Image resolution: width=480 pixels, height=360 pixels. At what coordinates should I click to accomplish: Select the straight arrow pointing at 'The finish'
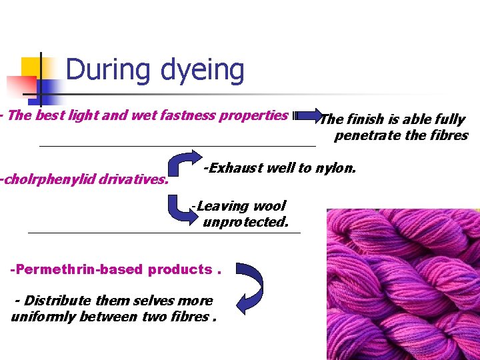click(306, 117)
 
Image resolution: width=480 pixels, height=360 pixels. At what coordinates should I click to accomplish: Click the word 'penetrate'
click(367, 135)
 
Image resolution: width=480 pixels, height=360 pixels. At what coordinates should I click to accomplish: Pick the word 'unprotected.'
click(245, 222)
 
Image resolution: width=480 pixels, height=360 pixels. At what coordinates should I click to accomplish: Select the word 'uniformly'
click(43, 317)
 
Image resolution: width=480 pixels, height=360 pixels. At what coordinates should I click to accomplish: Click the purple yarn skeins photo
click(403, 284)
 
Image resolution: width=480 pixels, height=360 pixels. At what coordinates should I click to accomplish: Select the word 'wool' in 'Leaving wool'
click(268, 207)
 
